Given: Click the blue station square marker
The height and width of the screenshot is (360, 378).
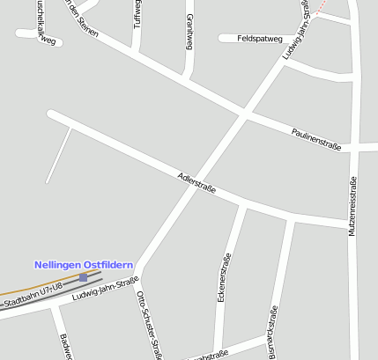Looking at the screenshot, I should tap(83, 277).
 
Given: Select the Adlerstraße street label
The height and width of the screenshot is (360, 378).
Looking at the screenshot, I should tap(196, 182).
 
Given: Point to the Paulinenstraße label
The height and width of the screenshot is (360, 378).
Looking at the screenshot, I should tap(316, 137).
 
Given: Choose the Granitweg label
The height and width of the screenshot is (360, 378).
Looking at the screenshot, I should tap(189, 32).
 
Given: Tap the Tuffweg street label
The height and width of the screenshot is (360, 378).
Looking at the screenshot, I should tap(137, 13).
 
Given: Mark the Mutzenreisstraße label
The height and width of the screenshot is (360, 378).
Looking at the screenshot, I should tap(353, 205).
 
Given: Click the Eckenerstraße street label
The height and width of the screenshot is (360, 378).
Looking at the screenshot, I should tap(225, 277).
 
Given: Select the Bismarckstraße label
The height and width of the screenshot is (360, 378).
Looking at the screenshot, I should tap(273, 332).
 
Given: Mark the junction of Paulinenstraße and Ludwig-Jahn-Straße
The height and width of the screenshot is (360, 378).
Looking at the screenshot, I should tap(245, 113).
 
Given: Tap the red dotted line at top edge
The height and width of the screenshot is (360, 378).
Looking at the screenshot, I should tap(322, 4).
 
